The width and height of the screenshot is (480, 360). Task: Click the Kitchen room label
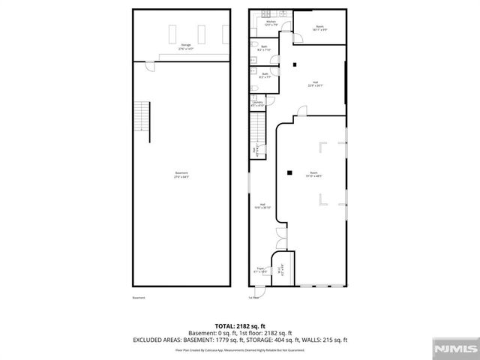pos(271,23)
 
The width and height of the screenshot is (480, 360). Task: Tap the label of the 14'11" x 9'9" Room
pos(319,28)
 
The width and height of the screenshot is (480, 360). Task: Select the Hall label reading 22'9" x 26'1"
pos(314,84)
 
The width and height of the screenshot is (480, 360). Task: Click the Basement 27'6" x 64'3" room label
pos(181,176)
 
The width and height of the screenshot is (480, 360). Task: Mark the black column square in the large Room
pos(289,173)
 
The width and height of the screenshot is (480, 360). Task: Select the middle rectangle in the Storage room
pos(200,33)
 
